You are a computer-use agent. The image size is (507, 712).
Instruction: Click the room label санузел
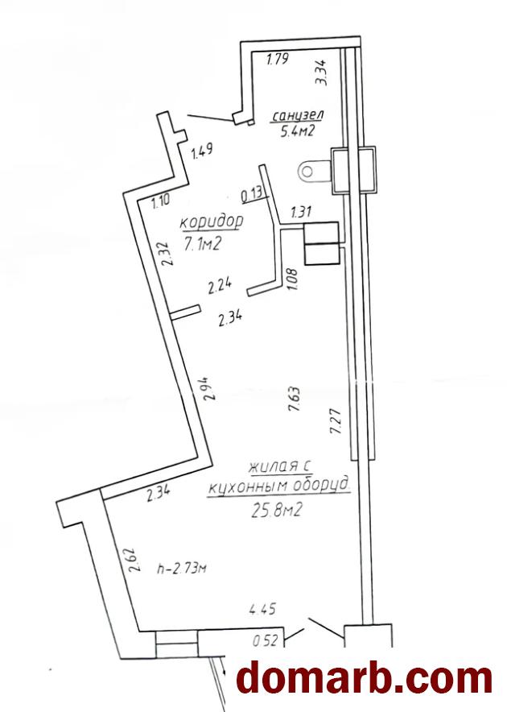tap(298, 115)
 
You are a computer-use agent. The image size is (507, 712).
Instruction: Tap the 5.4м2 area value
tap(298, 131)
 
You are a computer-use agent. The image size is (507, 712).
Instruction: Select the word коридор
tap(212, 222)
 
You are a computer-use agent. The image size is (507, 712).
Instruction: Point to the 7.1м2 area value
tap(203, 244)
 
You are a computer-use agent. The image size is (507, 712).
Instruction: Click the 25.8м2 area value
tap(276, 511)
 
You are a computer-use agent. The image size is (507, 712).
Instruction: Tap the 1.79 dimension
tap(278, 59)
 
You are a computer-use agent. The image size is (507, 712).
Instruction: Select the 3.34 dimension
tap(324, 73)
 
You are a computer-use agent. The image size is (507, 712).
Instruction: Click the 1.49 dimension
tap(202, 151)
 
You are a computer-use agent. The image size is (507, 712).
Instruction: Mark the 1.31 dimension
tap(302, 211)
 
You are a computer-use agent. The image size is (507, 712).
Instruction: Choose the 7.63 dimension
tap(293, 399)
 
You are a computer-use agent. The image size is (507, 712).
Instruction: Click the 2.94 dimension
tap(208, 388)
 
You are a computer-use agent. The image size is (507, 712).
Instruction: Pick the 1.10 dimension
tap(161, 201)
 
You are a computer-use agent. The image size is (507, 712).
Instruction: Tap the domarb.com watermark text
tap(365, 679)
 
